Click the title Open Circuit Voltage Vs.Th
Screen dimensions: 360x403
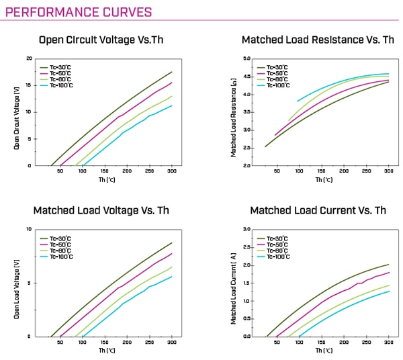(101, 40)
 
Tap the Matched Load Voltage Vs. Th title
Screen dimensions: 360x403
(100, 211)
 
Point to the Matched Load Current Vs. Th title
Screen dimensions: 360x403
(318, 211)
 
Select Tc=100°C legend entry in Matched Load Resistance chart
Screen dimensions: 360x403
(277, 85)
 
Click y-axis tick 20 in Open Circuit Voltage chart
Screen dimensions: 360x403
(29, 59)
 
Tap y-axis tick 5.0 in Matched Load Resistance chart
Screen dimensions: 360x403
(247, 59)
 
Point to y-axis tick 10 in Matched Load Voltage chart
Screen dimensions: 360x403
(29, 230)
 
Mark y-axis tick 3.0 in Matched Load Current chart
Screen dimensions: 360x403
(247, 230)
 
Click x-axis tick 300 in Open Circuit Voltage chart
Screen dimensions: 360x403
(172, 171)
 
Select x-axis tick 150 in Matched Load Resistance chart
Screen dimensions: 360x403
(321, 171)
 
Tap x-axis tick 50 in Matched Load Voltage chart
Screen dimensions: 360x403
(60, 343)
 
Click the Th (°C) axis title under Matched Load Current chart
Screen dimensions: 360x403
(322, 351)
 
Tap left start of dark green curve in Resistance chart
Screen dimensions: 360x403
(265, 146)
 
